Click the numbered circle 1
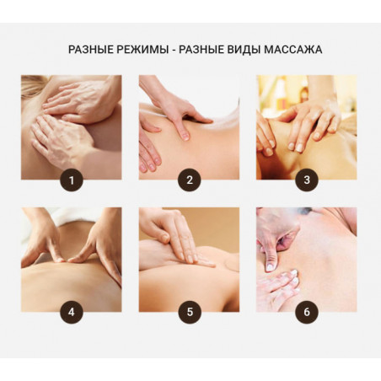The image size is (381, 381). [x=72, y=180]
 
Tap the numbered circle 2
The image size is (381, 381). [x=190, y=180]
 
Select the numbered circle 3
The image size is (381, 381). [x=307, y=180]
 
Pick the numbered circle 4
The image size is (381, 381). [x=72, y=312]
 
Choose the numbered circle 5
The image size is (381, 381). [x=190, y=312]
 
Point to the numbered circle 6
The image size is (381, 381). [x=307, y=312]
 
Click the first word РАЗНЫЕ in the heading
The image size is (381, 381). [x=91, y=50]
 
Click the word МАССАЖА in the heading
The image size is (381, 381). [x=292, y=50]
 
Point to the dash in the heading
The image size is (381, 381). [x=174, y=51]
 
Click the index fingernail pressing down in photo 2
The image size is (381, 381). [x=185, y=137]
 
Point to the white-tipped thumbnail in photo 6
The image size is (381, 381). [x=270, y=266]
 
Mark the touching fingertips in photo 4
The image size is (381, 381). [x=64, y=260]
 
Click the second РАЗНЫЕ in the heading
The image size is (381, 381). [x=201, y=50]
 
